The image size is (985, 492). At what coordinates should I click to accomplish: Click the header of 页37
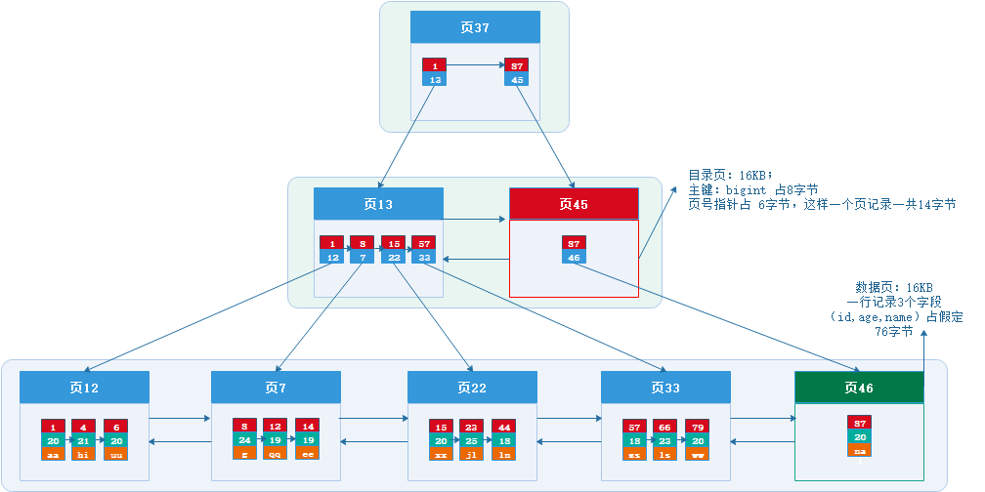(x=475, y=27)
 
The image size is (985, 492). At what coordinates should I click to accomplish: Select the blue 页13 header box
(x=378, y=204)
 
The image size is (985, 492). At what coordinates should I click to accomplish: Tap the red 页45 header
(x=574, y=204)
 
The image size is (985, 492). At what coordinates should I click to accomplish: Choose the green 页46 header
(x=859, y=388)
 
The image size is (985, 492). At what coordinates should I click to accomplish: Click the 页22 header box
(x=472, y=388)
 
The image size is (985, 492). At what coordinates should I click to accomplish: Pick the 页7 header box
(x=276, y=388)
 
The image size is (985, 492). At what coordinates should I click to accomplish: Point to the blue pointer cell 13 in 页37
(x=434, y=79)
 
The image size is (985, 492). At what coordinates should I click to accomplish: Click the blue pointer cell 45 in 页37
(x=517, y=79)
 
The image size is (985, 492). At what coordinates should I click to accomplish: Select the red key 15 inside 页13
(x=393, y=243)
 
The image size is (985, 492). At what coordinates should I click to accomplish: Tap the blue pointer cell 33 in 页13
(x=424, y=257)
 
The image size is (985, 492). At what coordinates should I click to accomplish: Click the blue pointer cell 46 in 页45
(x=574, y=257)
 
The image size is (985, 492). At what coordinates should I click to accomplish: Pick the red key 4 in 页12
(x=84, y=427)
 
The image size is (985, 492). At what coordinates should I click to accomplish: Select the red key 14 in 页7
(x=307, y=427)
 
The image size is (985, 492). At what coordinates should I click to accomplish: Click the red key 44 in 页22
(x=504, y=427)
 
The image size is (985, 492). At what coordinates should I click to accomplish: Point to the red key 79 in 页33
(x=697, y=427)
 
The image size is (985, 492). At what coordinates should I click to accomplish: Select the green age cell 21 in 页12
(x=84, y=440)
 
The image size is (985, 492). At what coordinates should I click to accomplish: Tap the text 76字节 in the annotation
(x=893, y=332)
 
